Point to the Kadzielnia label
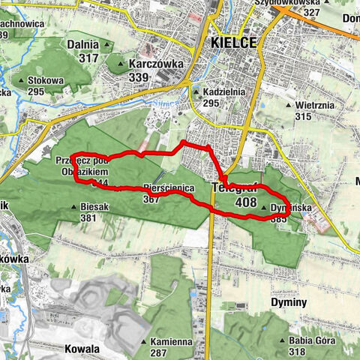tap(223, 92)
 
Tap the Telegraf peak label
tap(235, 187)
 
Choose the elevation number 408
tap(246, 202)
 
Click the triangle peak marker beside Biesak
tap(73, 207)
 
